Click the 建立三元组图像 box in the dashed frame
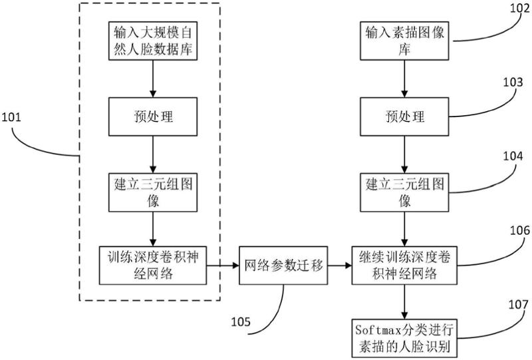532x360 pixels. [x=153, y=192]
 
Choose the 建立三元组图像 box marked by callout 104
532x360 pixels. [x=403, y=192]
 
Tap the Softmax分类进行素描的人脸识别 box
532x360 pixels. [x=403, y=337]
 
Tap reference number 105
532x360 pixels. [x=241, y=321]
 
